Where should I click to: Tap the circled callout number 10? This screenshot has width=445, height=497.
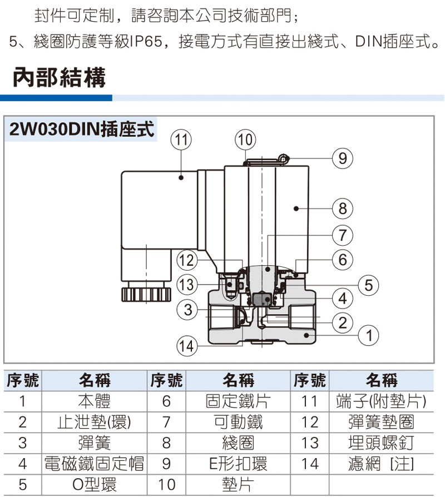[245, 140]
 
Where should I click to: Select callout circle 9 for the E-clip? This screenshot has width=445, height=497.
[343, 160]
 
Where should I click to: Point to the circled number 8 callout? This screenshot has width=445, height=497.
[343, 208]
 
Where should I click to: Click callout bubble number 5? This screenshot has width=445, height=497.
[368, 285]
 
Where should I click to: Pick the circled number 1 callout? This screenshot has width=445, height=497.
[368, 335]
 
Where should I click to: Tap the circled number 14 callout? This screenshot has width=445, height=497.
[187, 347]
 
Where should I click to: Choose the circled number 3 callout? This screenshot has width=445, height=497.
[188, 309]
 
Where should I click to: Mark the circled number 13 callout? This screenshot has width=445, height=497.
[188, 285]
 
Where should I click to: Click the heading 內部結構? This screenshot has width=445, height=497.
[59, 78]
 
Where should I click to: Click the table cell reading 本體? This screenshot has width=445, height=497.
[94, 401]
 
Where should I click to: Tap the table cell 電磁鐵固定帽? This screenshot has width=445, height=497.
[94, 463]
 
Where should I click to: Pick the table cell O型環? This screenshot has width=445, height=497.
[94, 484]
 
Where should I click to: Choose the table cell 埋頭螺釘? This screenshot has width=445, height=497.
[381, 443]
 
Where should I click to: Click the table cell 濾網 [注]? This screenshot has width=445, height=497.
[381, 463]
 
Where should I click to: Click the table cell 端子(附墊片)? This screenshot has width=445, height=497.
[381, 401]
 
